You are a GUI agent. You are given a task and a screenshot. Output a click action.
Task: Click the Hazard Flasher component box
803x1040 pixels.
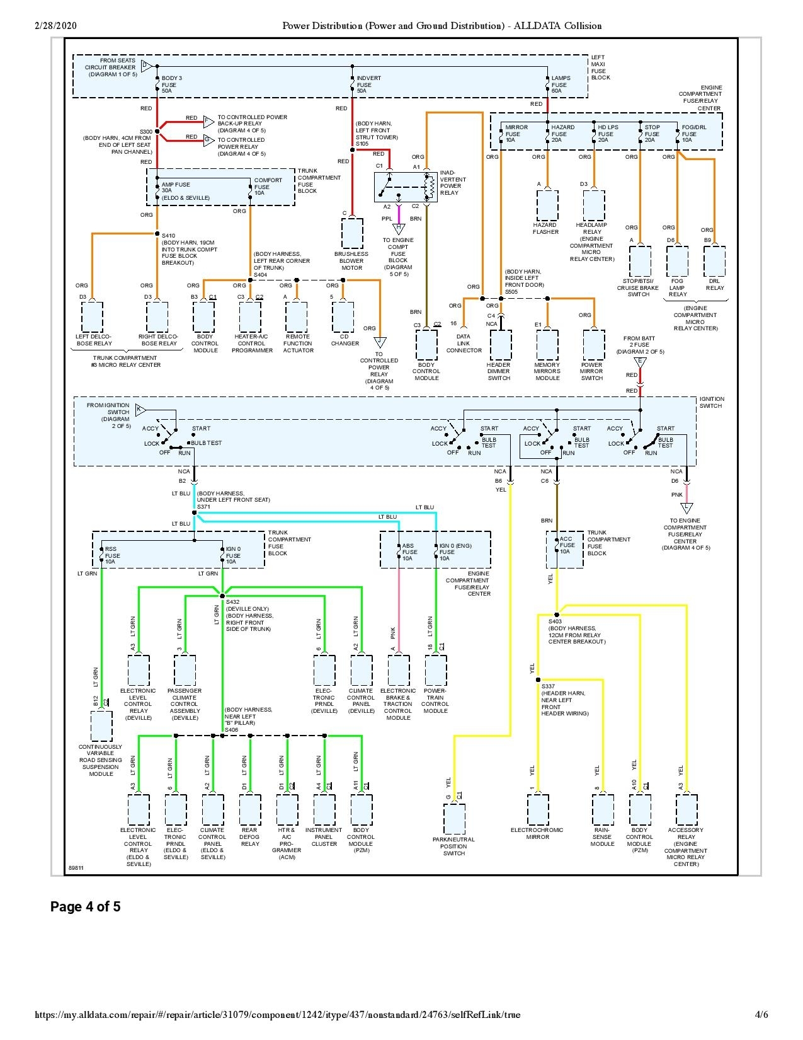[x=547, y=205]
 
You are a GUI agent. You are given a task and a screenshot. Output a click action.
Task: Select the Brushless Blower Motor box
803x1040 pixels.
[x=351, y=234]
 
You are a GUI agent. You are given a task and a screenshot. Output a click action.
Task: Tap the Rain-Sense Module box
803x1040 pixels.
[x=603, y=810]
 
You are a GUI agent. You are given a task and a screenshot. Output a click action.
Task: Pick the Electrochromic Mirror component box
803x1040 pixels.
[x=538, y=810]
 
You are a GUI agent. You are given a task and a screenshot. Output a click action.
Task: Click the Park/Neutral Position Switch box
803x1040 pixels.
[x=454, y=819]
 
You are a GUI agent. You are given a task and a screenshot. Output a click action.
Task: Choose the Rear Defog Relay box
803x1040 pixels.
[x=250, y=810]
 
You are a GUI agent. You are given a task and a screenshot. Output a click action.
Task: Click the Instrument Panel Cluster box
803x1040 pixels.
[x=324, y=810]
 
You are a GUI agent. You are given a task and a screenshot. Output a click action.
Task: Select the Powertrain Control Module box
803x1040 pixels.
[x=436, y=671]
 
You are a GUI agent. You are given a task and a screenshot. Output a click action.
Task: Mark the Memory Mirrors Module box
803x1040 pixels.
[x=547, y=345]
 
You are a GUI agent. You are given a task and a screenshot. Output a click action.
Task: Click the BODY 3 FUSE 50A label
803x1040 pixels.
[x=171, y=84]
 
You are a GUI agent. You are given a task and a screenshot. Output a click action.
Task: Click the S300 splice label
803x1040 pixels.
[x=145, y=132]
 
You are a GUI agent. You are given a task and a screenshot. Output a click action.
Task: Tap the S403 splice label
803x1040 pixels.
[x=554, y=621]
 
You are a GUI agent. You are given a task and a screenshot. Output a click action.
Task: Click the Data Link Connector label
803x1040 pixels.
[x=464, y=344]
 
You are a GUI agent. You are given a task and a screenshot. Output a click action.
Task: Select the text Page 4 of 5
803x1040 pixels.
[x=86, y=907]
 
